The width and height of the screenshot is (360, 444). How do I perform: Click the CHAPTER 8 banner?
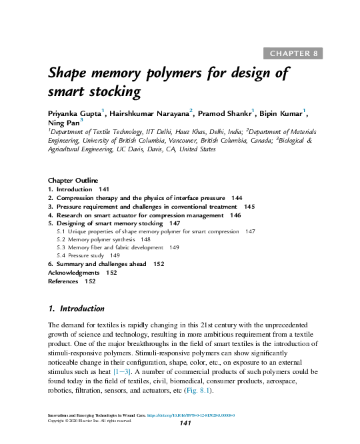pos(294,53)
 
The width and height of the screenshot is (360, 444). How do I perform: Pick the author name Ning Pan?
pos(63,123)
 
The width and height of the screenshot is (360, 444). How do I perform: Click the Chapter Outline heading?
pos(73,181)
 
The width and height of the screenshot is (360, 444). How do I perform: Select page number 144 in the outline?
pos(236,199)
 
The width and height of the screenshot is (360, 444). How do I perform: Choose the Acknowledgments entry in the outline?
pos(73,273)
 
